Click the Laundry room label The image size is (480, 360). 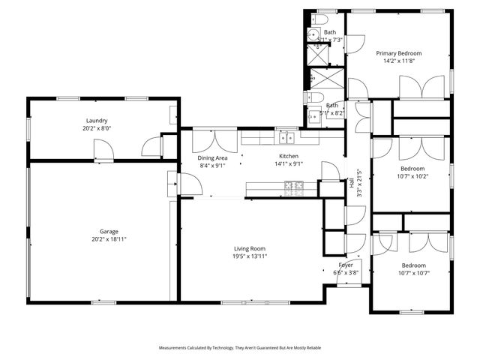coord(97,120)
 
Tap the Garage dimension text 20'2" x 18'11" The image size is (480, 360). coord(104,239)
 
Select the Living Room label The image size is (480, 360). coord(250,248)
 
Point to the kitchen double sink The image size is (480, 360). coord(286,137)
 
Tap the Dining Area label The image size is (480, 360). coord(212,157)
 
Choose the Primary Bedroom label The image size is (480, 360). coord(398,53)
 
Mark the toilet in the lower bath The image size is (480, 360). coord(317,98)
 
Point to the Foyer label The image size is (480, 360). coord(346,265)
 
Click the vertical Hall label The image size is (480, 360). coord(352,182)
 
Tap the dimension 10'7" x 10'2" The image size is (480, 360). coord(412,178)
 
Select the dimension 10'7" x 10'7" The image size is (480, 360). coord(412,274)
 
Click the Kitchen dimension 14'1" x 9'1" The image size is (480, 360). coord(287,164)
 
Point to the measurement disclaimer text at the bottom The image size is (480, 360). coord(239,348)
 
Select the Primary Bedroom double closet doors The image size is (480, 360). coord(421,88)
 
